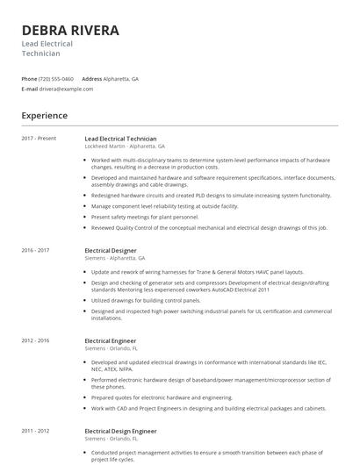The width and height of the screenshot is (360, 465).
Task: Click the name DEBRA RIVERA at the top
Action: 70,31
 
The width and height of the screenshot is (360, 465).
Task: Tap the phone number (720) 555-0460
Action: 56,78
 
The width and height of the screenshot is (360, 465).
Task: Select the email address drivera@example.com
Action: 66,89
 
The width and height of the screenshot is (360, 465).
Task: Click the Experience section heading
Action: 45,115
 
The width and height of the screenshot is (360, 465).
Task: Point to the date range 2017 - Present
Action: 39,139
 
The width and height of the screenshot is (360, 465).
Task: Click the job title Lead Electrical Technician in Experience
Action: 120,139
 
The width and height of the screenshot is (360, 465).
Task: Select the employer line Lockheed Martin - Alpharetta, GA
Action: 125,147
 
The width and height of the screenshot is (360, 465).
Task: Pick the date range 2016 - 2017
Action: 36,250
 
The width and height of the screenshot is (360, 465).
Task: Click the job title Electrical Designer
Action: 112,250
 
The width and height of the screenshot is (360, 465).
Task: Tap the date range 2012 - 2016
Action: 36,340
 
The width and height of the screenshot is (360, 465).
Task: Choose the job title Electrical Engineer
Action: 111,340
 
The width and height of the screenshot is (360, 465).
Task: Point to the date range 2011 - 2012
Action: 36,431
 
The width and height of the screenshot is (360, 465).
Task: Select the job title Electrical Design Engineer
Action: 120,431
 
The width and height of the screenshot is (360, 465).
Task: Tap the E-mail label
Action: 30,89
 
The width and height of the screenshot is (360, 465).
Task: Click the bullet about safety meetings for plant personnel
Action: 145,216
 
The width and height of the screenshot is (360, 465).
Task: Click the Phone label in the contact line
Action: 29,78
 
